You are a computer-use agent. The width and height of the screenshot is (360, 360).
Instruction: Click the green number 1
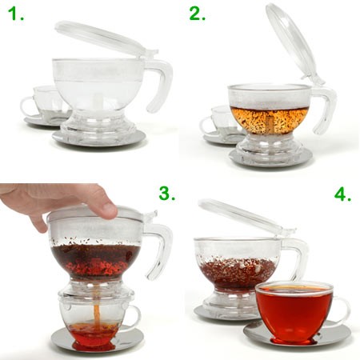16,14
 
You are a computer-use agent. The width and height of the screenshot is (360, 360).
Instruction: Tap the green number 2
198,14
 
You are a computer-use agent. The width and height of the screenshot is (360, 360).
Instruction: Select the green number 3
167,194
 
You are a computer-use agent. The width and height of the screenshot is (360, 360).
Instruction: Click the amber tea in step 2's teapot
269,120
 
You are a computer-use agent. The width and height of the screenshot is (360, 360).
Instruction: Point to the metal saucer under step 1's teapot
98,138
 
